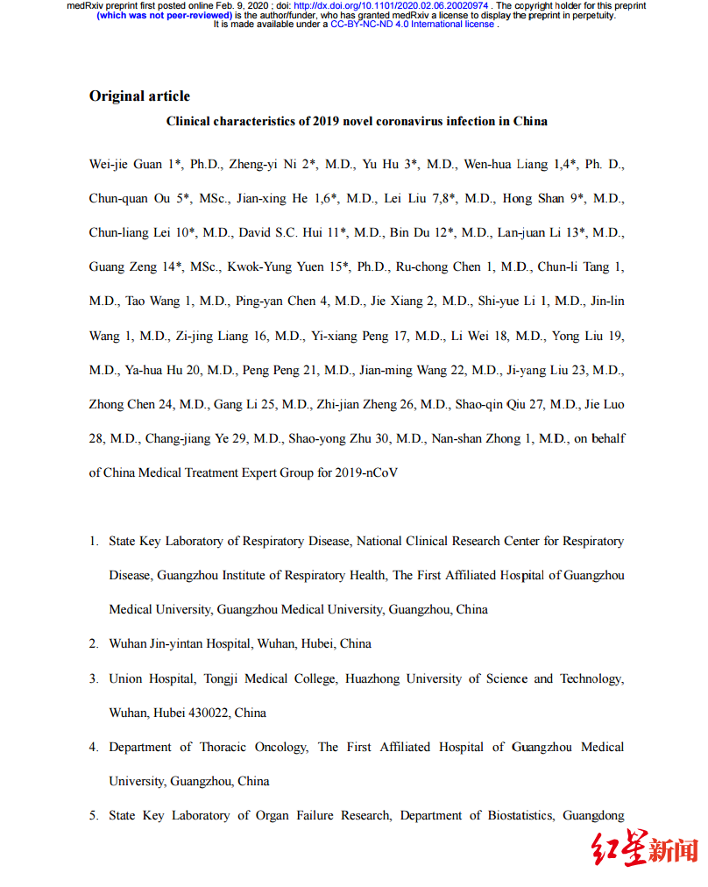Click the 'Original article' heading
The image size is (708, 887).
point(139,96)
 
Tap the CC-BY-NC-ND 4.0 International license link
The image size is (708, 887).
point(413,25)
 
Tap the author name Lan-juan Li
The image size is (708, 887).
point(539,232)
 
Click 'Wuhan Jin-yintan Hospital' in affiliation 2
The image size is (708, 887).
point(181,643)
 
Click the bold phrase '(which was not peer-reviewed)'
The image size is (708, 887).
point(164,15)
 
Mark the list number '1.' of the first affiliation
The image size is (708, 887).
point(94,541)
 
